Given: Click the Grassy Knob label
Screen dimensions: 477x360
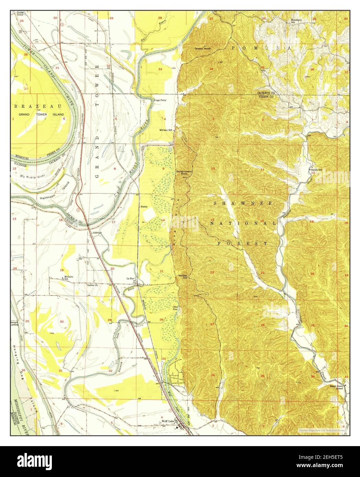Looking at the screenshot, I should [202, 49].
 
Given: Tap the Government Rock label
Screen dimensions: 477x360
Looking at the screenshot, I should [184, 172].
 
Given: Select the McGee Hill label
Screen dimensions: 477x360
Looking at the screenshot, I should [182, 277].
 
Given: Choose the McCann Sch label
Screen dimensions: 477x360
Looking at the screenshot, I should [165, 130].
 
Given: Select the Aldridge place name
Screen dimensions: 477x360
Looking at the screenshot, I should [97, 233].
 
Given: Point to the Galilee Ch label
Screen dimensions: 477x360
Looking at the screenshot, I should [92, 284].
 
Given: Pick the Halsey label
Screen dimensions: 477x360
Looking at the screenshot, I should [144, 207].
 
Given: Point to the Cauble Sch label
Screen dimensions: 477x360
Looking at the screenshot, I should [316, 170].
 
